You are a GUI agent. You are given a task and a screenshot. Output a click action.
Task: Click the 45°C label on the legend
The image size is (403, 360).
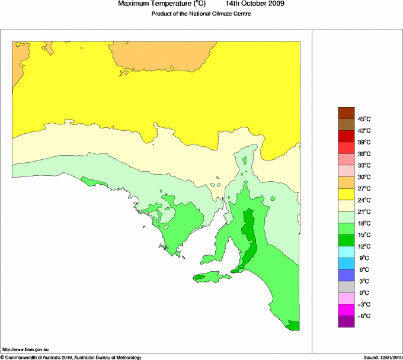[363, 119]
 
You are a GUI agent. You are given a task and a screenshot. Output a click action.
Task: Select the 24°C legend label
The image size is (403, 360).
[363, 200]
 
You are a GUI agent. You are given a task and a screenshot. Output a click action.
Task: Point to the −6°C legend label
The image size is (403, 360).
[363, 316]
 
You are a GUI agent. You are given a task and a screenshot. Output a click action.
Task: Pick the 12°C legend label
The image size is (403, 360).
[363, 246]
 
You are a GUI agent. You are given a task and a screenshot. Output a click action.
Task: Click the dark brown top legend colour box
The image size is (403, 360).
[346, 112]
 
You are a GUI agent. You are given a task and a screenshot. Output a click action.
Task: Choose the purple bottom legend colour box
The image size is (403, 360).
[346, 322]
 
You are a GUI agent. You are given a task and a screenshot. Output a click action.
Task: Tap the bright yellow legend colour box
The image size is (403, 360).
[346, 194]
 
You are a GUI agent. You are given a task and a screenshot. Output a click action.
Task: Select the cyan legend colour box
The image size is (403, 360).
[346, 252]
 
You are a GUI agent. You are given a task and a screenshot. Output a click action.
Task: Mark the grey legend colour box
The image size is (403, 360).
[346, 287]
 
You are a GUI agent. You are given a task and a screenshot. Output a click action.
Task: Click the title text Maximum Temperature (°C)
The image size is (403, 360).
[162, 4]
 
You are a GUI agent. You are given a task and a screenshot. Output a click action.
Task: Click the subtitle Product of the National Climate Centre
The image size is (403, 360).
[201, 14]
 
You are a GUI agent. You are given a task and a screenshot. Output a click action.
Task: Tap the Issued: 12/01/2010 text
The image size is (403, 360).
[383, 357]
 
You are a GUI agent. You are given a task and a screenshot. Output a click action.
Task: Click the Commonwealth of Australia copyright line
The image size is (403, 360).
[71, 357]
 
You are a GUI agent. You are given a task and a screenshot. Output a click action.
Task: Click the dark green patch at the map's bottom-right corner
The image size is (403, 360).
[294, 325]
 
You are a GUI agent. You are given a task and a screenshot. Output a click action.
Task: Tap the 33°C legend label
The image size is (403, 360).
[363, 165]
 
